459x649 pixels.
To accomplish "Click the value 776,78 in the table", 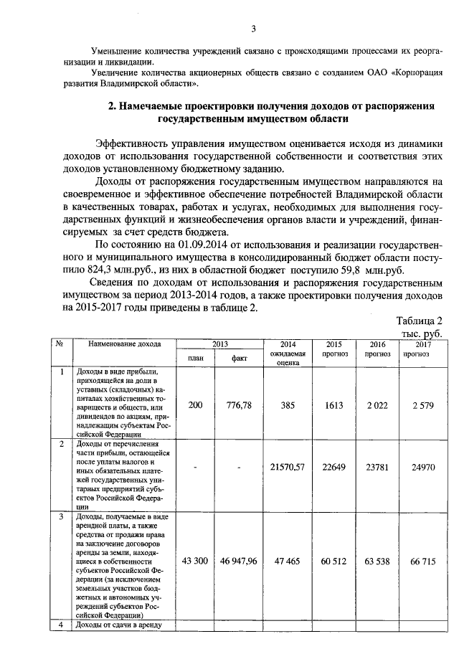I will pos(240,405).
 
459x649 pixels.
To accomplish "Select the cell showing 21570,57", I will pos(288,467).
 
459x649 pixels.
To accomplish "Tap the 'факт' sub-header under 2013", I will pos(239,359).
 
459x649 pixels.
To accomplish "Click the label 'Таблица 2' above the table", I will pos(420,321).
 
